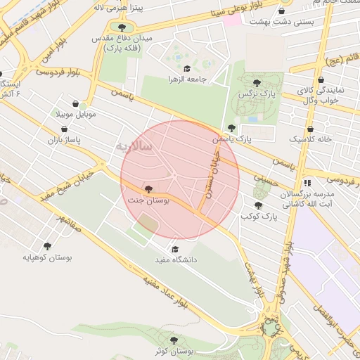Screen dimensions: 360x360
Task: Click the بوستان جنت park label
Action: [x=148, y=200]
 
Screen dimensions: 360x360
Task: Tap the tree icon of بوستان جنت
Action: [x=148, y=189]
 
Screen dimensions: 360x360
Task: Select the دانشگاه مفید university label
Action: [x=175, y=259]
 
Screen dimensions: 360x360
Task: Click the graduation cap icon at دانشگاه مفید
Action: [x=175, y=249]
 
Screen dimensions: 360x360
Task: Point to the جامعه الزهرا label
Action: [x=188, y=79]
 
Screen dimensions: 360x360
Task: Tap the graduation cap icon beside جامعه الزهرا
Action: [x=188, y=69]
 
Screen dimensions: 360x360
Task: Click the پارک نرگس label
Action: [x=257, y=93]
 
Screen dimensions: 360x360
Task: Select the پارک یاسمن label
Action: [x=233, y=139]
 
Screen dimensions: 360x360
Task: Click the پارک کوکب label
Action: [x=259, y=217]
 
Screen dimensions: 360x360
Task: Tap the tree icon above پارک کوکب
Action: [x=258, y=206]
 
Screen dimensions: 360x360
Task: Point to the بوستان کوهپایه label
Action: [x=47, y=257]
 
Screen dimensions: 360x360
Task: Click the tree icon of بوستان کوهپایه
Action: [x=47, y=246]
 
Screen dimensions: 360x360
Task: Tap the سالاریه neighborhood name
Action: [x=129, y=147]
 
